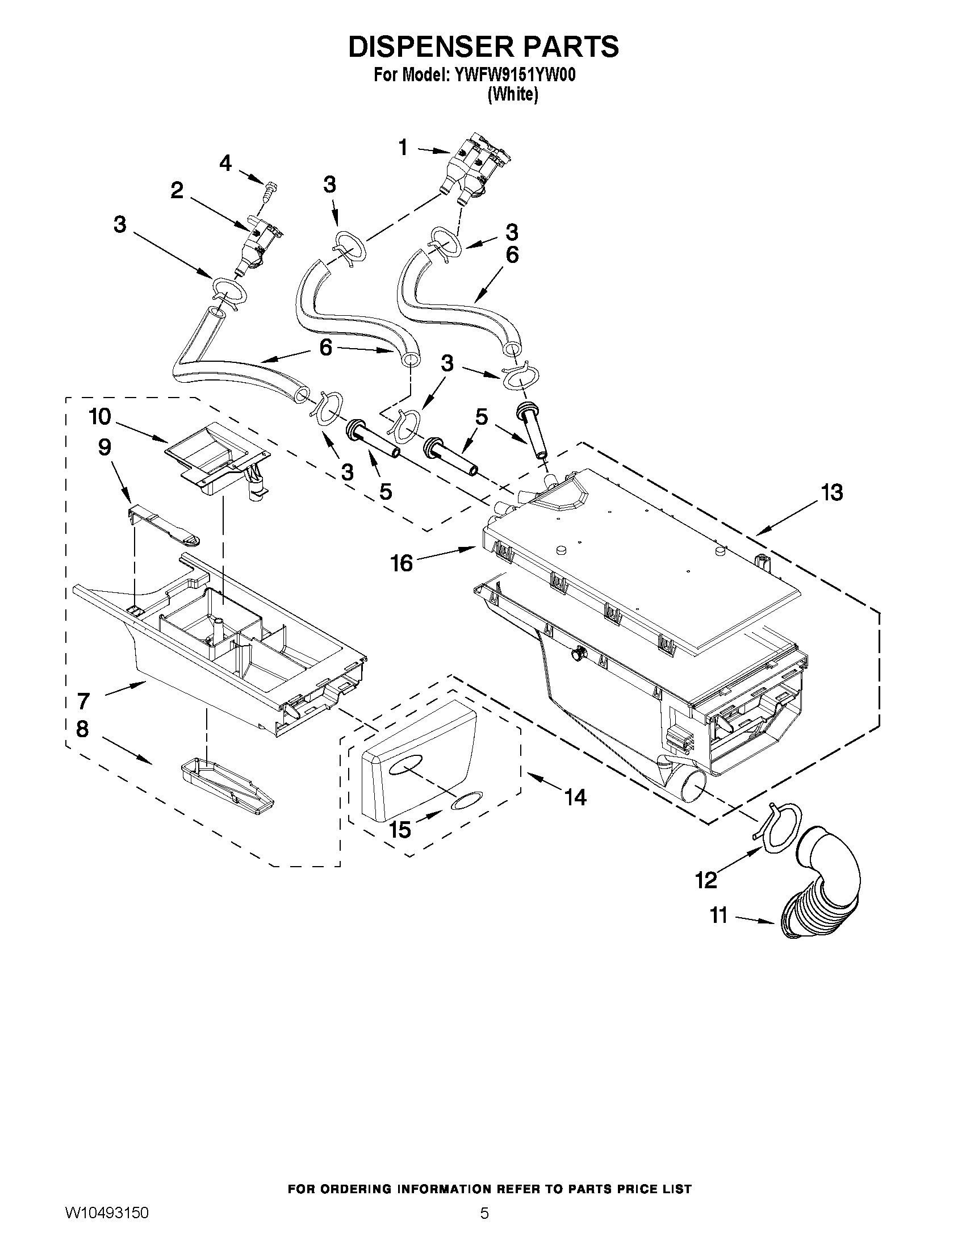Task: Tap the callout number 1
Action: (403, 148)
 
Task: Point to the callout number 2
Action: (177, 191)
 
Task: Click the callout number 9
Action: (104, 447)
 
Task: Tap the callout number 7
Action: (83, 700)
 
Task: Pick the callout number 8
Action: (82, 729)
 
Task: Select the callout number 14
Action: (575, 797)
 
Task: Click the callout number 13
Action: (831, 492)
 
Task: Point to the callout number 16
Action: (402, 563)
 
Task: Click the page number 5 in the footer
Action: (484, 1228)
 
